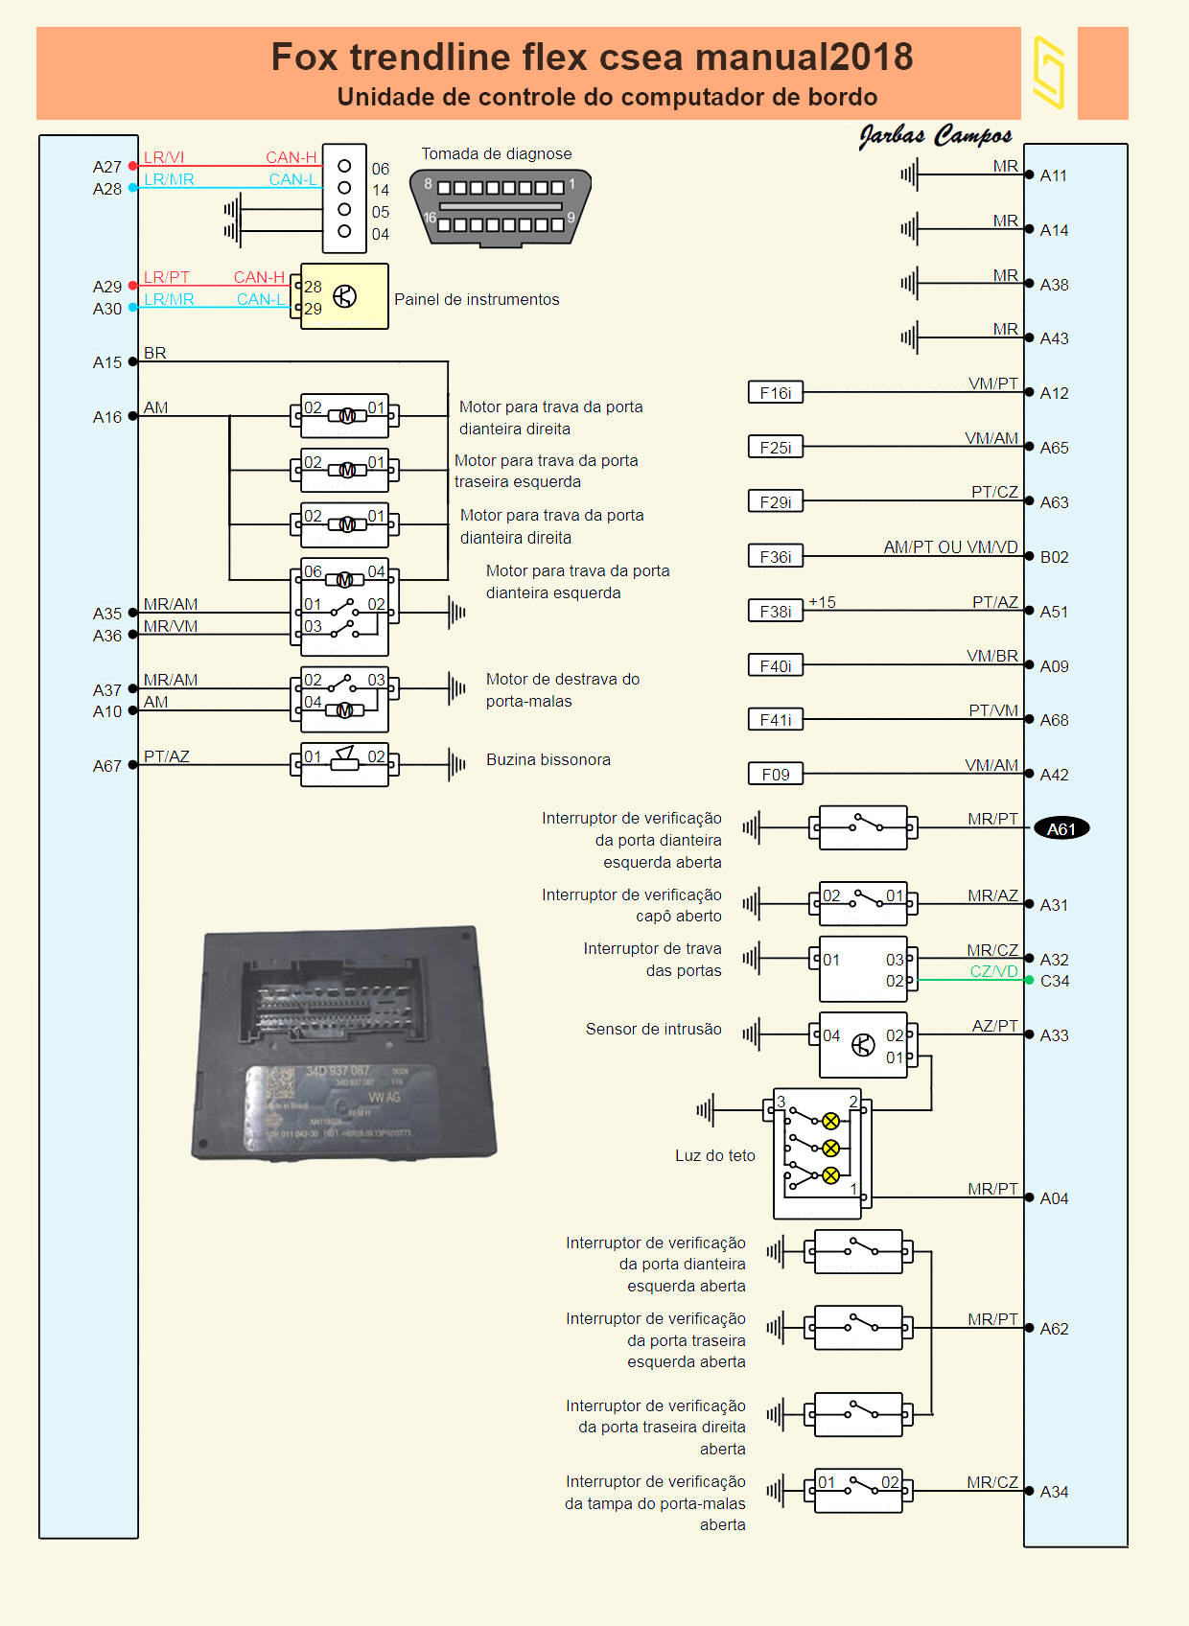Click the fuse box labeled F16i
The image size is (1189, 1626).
click(776, 392)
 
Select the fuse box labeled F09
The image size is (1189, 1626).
click(776, 774)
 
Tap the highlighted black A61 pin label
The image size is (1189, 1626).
click(1061, 829)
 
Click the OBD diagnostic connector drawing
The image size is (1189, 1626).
click(500, 207)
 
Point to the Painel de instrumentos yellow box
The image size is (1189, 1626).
click(344, 296)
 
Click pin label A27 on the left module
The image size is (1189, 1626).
click(107, 167)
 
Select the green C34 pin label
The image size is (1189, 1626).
click(1055, 981)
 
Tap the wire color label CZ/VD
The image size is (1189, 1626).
click(993, 971)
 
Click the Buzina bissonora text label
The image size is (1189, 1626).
click(548, 759)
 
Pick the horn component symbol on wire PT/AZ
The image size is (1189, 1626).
click(344, 764)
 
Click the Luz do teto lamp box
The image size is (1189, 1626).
click(818, 1152)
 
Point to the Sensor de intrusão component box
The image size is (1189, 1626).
click(863, 1045)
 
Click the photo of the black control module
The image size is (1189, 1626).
click(344, 1042)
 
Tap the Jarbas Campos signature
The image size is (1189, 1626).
click(935, 136)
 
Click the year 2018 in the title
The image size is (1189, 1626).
click(871, 57)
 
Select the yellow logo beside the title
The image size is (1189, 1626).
click(1049, 73)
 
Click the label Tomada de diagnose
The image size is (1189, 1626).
click(496, 153)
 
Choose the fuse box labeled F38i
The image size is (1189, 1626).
click(776, 611)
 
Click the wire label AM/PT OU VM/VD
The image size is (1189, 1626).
click(950, 547)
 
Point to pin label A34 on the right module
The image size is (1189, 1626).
click(1054, 1492)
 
